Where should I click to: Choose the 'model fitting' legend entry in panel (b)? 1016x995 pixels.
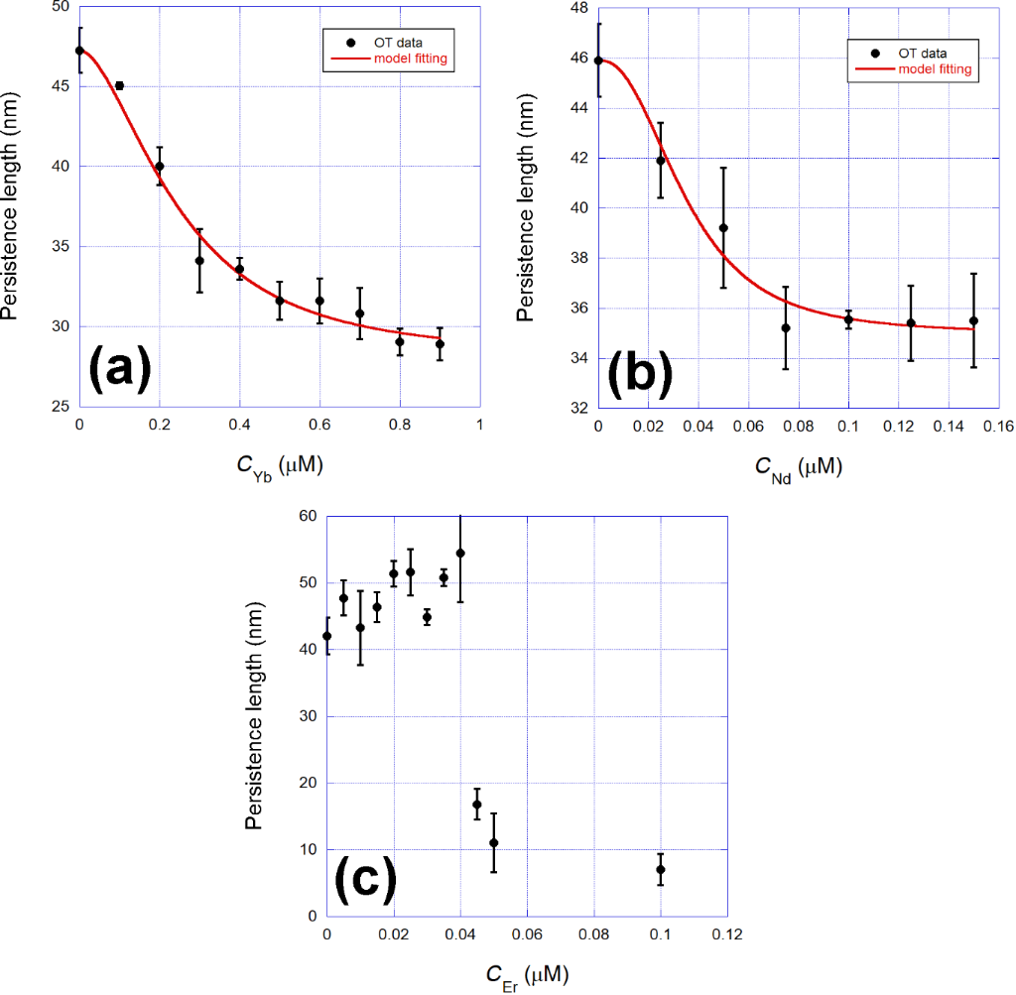tap(933, 69)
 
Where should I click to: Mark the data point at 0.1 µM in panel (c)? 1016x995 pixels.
tap(660, 869)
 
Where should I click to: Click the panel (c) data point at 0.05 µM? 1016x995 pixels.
tap(493, 842)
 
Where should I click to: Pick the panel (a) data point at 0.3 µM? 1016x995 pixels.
tap(199, 261)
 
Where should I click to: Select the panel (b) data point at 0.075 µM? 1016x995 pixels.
tap(786, 327)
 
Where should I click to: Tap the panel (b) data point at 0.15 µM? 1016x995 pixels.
tap(973, 320)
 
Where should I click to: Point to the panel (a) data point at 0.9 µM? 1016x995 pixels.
tap(440, 344)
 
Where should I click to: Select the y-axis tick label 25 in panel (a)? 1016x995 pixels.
tap(59, 407)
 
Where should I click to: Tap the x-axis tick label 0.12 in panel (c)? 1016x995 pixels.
tap(727, 934)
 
